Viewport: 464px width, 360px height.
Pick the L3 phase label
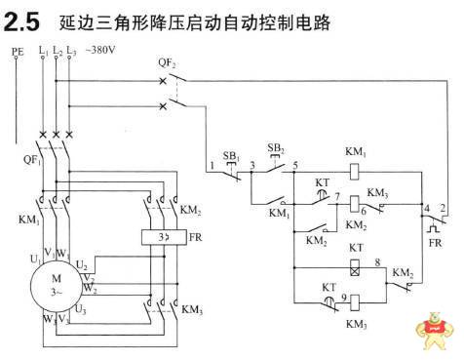pyautogui.click(x=72, y=50)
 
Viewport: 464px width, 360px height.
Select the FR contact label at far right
pyautogui.click(x=435, y=241)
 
